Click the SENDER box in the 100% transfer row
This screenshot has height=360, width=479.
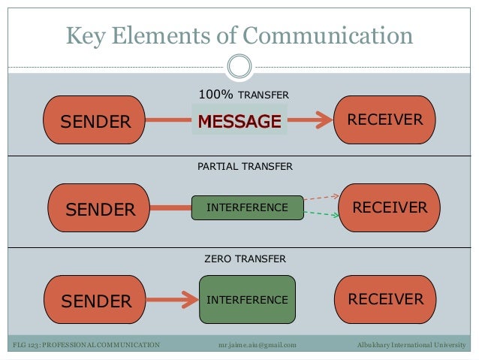(95, 120)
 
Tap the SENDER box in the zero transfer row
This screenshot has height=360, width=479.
(95, 301)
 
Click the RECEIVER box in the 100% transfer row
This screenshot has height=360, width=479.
(385, 120)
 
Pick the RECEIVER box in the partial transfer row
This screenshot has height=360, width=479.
(389, 207)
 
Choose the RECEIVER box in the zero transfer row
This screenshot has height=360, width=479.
(385, 300)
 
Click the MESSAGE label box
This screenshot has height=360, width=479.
(239, 121)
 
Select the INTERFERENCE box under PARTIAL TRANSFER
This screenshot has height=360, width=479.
(247, 207)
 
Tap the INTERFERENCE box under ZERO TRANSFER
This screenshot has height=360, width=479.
(247, 300)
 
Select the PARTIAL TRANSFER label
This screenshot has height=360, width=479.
(245, 165)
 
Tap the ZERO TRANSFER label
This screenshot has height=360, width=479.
(245, 259)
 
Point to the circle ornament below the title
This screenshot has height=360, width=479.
(239, 66)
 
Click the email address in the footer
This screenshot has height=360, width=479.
(257, 345)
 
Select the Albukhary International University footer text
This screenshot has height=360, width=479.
(412, 345)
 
